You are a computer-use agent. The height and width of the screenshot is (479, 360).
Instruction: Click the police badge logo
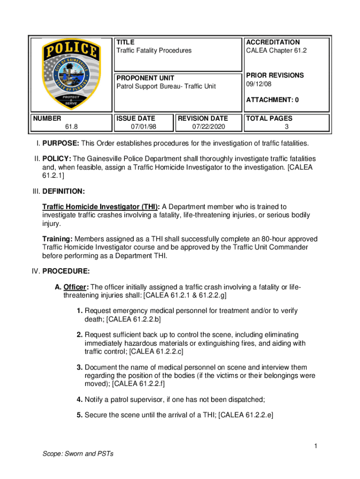71,74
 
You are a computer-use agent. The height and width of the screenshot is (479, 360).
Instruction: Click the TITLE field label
125,42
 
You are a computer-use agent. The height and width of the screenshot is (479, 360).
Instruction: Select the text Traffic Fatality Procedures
154,51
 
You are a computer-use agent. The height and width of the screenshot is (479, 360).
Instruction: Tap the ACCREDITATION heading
273,42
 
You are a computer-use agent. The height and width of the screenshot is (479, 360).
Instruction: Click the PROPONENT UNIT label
145,78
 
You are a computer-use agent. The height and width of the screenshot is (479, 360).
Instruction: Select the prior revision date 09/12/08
258,84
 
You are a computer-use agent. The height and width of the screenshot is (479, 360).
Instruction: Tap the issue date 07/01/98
144,127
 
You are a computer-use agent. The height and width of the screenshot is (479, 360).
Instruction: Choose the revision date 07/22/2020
208,127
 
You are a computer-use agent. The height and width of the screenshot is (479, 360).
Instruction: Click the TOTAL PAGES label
269,118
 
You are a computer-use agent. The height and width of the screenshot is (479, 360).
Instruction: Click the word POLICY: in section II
58,159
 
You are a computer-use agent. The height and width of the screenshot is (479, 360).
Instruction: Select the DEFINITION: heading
64,191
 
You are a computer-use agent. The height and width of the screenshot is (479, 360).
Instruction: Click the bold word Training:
58,239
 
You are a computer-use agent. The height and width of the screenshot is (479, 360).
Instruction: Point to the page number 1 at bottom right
316,447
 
